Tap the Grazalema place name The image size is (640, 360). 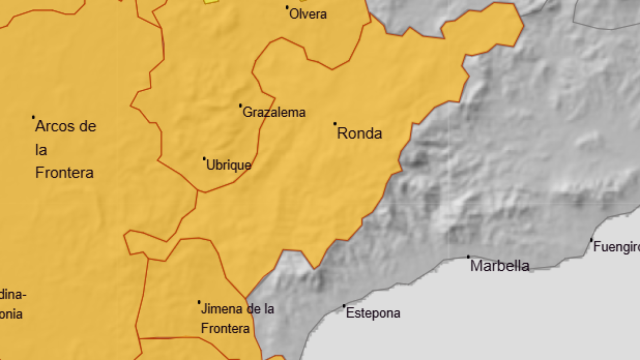tap(274, 113)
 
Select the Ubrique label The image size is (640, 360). tap(228, 165)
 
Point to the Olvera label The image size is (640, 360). tap(307, 14)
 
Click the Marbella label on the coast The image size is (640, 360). tap(500, 266)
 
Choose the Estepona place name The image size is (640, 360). tap(372, 313)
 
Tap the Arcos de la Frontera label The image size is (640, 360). tap(65, 149)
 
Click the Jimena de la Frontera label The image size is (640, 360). tap(237, 317)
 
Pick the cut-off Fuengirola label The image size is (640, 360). tap(616, 246)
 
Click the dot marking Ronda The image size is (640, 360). tap(335, 124)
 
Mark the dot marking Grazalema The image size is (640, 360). tap(240, 105)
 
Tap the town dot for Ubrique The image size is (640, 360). tap(205, 158)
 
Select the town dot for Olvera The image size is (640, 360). tap(288, 7)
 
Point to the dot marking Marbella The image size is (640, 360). tap(469, 257)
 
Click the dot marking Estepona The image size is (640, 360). tap(345, 306)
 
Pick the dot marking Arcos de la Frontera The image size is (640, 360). tap(33, 117)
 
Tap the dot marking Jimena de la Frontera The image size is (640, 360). tap(199, 302)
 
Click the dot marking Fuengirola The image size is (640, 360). tap(591, 239)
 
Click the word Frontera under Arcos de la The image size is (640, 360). tap(64, 172)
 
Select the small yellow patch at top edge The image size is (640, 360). tap(210, 1)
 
